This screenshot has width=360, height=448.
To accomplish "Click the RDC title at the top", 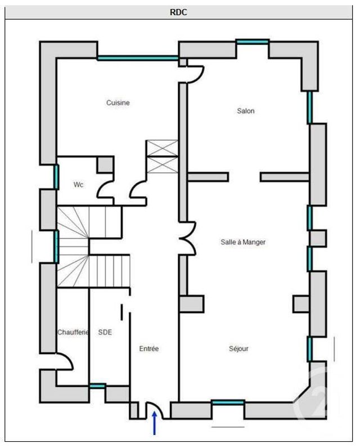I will pos(179,12).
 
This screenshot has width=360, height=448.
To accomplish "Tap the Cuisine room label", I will pos(118,103).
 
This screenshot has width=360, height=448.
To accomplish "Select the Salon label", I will pos(246,111).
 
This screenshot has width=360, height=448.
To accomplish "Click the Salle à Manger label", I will pos(243,242).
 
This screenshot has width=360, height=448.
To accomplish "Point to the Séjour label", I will pos(238,349).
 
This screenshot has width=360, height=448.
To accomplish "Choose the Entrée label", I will pos(149,349).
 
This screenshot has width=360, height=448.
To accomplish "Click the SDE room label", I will pos(105,333).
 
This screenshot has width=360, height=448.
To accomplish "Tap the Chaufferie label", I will pos(73,333).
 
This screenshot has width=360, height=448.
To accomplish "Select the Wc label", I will pos(79,185).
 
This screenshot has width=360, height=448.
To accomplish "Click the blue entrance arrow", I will pos(154,424).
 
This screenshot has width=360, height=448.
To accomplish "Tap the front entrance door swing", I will pos(154,409).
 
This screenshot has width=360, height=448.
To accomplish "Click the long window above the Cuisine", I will pos(138,57).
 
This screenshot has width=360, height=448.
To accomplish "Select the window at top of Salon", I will pos(252,41).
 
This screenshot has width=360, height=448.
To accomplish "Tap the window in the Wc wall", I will pos(56,177).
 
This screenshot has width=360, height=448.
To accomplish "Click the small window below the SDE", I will pos(98,386).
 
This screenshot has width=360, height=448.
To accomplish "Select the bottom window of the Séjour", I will pos(228,402).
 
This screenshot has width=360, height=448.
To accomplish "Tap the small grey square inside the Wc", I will pos(105,165).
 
